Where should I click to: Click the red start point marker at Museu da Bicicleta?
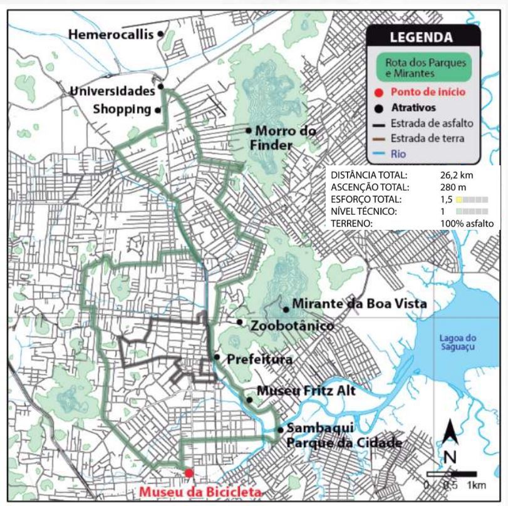pos(189,472)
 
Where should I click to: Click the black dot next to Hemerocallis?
pos(161,34)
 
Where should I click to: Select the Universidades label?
pos(112,91)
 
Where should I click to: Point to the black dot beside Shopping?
pos(158,110)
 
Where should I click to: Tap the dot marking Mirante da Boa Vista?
pos(286,308)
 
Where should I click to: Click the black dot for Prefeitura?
pos(216,357)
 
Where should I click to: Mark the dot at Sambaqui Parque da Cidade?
pos(280,430)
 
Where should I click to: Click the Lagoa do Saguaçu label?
pos(457,344)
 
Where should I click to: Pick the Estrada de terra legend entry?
pos(426,138)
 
